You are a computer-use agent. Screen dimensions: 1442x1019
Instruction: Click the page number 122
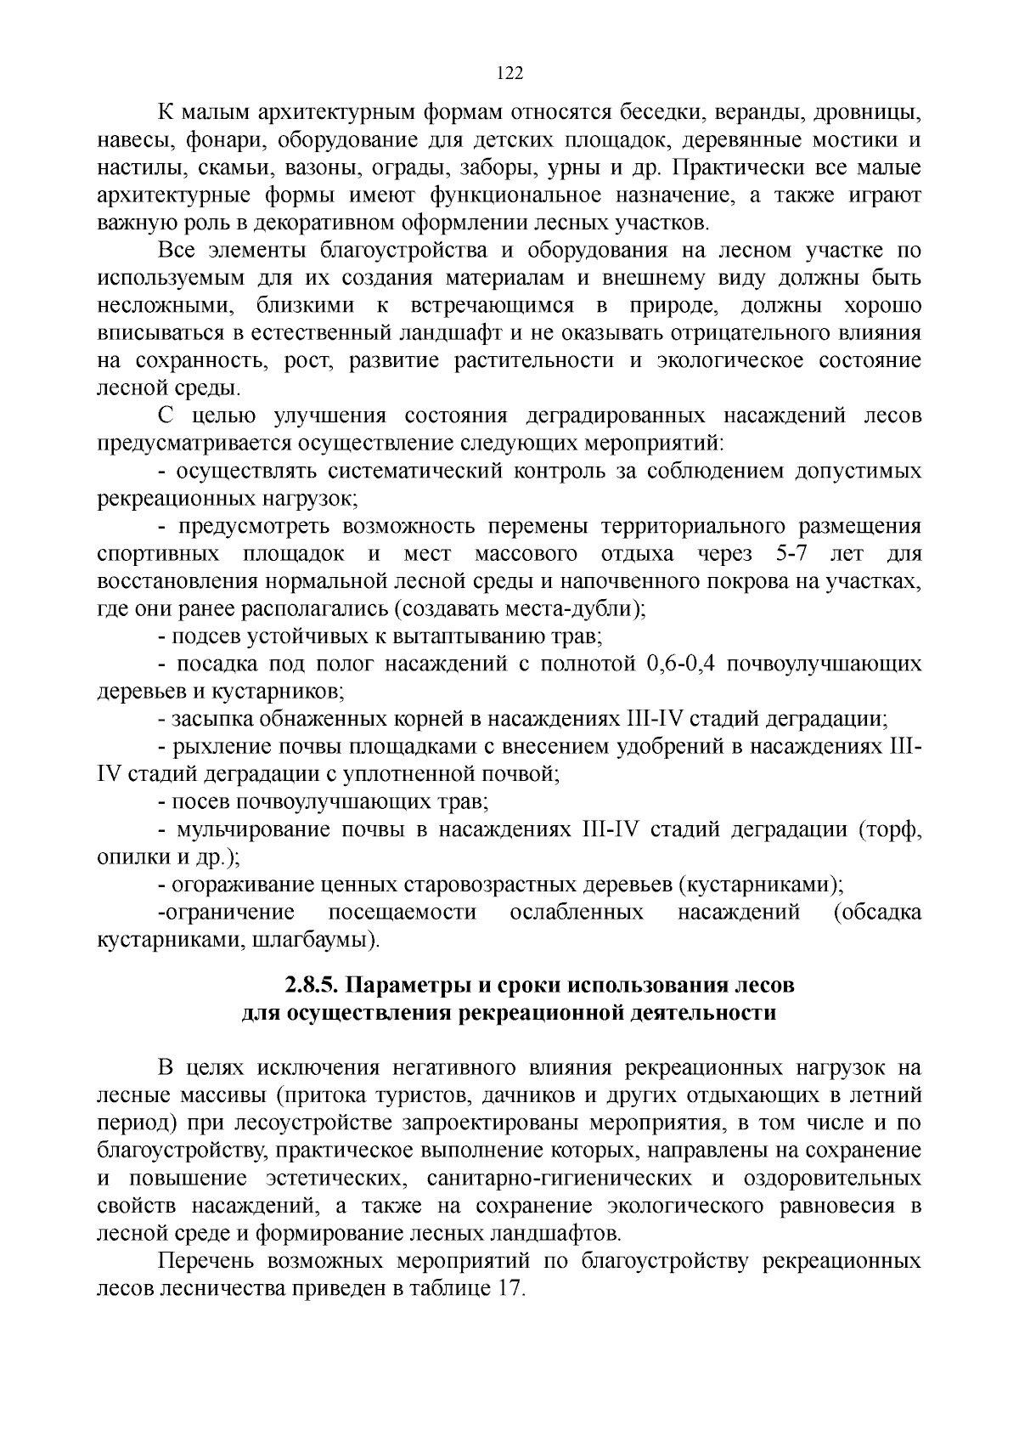509,73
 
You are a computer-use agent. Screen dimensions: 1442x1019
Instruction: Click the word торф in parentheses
890,829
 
